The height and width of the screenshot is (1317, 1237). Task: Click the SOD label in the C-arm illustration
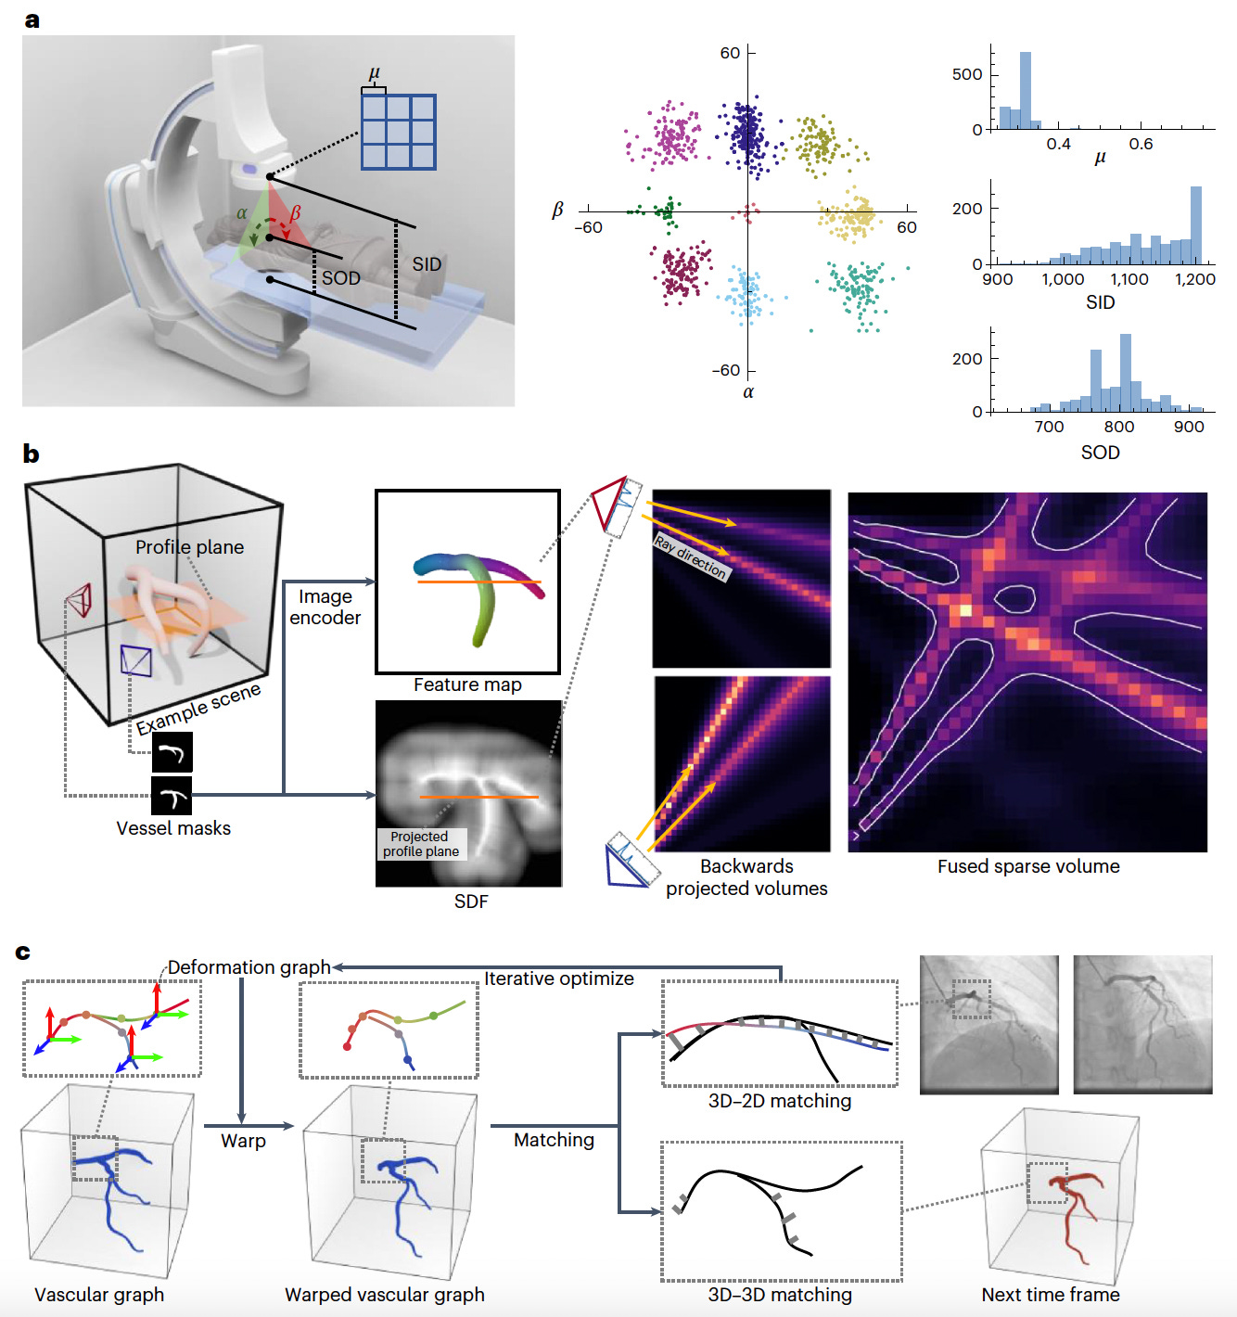(x=340, y=278)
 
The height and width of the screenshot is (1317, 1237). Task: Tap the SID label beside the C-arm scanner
(x=427, y=264)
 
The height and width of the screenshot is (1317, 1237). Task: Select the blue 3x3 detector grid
(x=399, y=132)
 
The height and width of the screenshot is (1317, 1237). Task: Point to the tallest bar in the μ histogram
(x=1026, y=90)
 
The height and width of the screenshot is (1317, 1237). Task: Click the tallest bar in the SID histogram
(x=1195, y=225)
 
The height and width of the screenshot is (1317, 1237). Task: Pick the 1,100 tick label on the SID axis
(x=1129, y=279)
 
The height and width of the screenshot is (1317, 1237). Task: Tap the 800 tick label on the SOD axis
(x=1119, y=427)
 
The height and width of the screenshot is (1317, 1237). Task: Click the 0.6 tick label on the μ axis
(x=1141, y=144)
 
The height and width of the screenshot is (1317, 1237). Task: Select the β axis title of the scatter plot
(x=557, y=211)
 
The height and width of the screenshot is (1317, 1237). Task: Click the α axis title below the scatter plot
(x=748, y=392)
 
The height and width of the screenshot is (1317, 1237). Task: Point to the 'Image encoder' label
(x=325, y=607)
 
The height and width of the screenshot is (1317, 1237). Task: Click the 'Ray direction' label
(x=691, y=556)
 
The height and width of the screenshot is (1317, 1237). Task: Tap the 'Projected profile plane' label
(x=421, y=844)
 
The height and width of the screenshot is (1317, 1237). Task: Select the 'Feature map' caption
(x=467, y=684)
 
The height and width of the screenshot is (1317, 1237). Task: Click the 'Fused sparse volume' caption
(x=1028, y=866)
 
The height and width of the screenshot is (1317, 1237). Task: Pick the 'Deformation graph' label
(x=249, y=967)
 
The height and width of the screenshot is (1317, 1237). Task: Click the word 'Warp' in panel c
(x=243, y=1141)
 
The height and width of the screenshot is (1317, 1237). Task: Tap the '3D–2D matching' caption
(x=780, y=1101)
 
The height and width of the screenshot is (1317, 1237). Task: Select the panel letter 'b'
(x=31, y=454)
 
